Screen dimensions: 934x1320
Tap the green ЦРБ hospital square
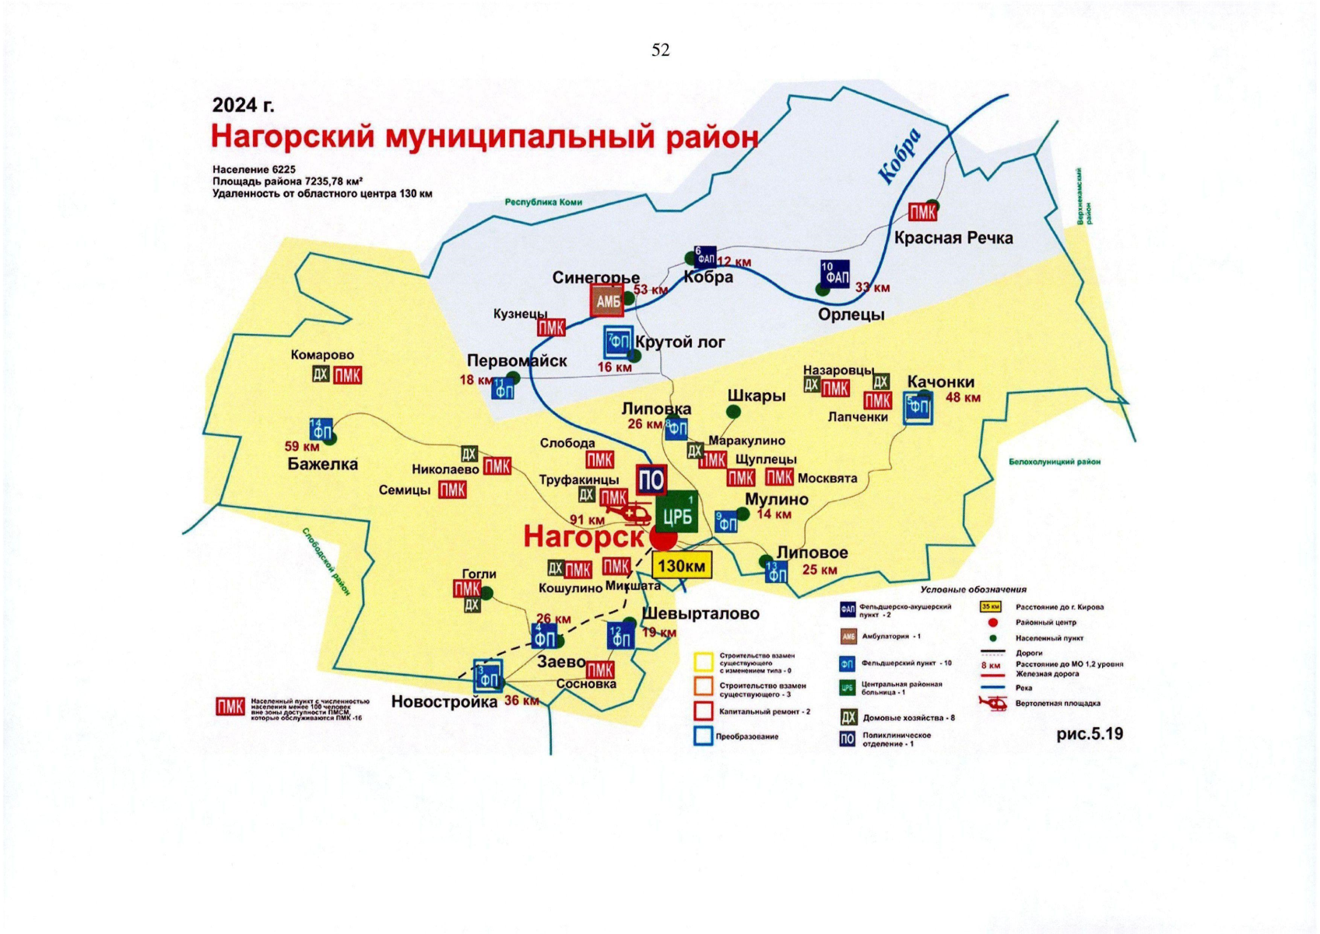[676, 514]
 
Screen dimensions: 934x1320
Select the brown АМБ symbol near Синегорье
[607, 301]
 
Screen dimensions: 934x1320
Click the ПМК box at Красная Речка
[922, 212]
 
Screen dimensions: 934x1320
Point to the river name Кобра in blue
[900, 156]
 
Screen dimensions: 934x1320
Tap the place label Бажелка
[322, 465]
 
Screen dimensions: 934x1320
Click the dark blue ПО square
[651, 480]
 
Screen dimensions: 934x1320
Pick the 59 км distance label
[302, 447]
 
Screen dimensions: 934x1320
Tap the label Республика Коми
[543, 202]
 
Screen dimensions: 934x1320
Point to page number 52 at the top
[660, 50]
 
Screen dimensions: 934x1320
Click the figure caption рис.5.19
[1089, 734]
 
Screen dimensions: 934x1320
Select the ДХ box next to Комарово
[321, 374]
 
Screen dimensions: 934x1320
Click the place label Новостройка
[444, 702]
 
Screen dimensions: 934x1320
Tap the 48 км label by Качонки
[963, 398]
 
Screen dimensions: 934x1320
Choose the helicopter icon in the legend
[992, 703]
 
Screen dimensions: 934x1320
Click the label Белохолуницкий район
[1055, 462]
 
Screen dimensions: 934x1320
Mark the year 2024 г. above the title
[244, 105]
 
